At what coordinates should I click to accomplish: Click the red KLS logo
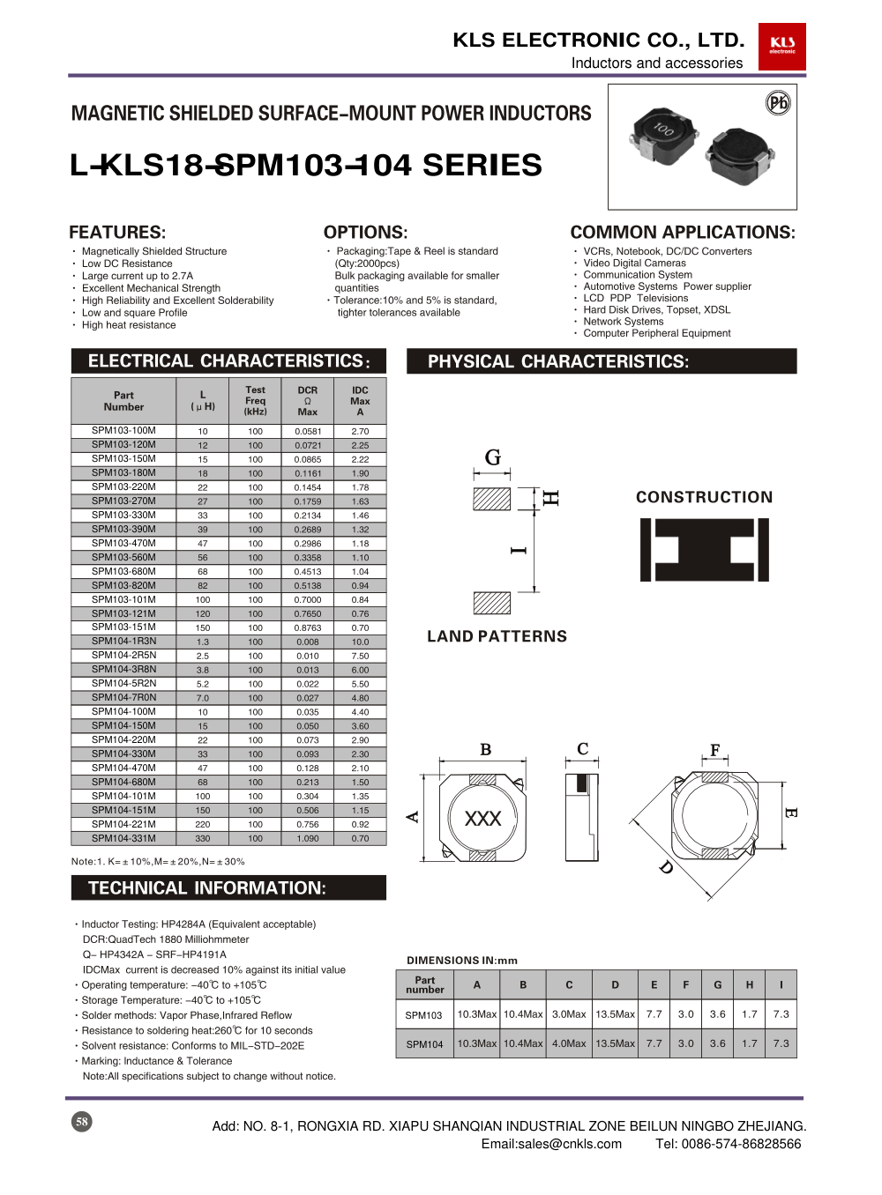(781, 46)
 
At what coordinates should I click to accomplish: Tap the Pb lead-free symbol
(778, 103)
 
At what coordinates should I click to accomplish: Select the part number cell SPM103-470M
(123, 543)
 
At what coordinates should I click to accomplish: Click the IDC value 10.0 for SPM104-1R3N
(360, 642)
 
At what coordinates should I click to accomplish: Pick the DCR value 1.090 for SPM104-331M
(308, 838)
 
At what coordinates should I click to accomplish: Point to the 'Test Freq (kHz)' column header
(255, 401)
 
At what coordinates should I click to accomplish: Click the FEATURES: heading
(117, 233)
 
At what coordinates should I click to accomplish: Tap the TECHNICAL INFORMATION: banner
(207, 888)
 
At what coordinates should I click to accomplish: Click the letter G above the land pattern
(493, 456)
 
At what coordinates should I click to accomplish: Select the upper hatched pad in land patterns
(491, 499)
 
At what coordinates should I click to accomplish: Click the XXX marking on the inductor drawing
(482, 819)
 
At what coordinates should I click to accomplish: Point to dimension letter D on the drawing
(665, 867)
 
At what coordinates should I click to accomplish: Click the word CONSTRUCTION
(704, 497)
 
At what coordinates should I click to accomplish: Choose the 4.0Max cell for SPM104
(569, 1043)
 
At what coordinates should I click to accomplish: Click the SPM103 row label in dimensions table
(424, 1015)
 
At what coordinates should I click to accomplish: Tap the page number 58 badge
(81, 1122)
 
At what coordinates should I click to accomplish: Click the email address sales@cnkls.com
(551, 1144)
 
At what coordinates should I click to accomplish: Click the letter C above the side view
(582, 749)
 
